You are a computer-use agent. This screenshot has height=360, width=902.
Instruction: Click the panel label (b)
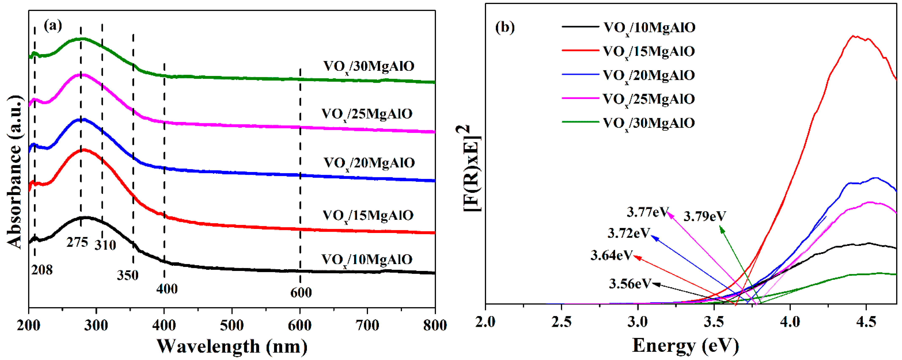(x=505, y=27)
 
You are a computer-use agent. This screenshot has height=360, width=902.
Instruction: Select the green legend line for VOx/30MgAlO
(x=580, y=122)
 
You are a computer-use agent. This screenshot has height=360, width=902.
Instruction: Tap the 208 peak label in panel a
(x=42, y=270)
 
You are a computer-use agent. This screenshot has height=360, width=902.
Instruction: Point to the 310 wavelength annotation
(x=105, y=245)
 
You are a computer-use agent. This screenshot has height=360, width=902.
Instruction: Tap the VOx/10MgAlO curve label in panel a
(x=367, y=260)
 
